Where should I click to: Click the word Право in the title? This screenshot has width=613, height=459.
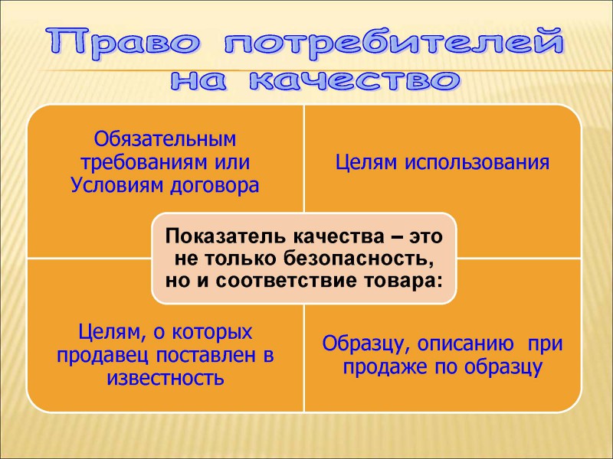(x=124, y=43)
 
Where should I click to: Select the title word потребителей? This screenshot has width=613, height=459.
(x=394, y=43)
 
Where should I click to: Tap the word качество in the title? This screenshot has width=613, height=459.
(x=355, y=81)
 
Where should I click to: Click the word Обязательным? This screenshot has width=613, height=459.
(x=165, y=139)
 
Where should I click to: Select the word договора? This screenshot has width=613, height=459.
(x=215, y=186)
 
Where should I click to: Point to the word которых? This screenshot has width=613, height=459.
(x=212, y=332)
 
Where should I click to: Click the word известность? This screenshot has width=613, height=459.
(x=166, y=378)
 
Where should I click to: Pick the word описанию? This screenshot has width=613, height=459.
(x=465, y=343)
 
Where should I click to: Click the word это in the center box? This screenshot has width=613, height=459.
(x=426, y=237)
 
